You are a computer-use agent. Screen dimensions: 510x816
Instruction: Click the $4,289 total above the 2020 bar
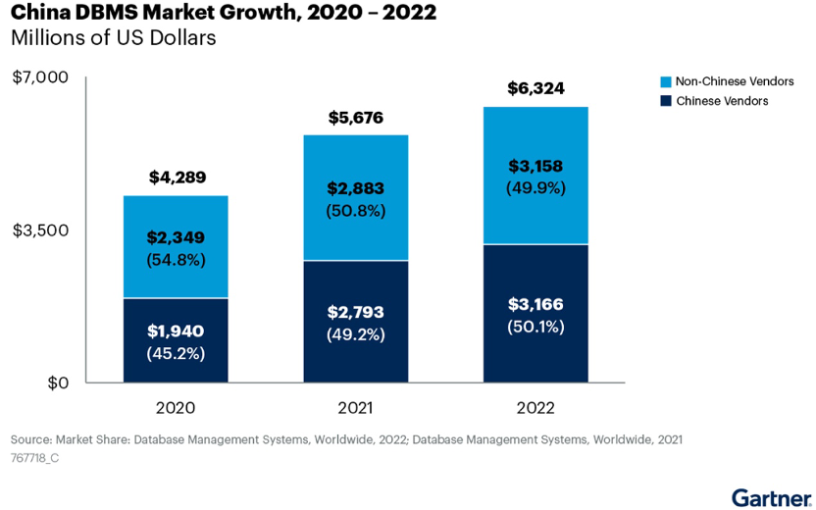tap(176, 178)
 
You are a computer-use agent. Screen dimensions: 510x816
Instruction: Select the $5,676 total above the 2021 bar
tap(356, 118)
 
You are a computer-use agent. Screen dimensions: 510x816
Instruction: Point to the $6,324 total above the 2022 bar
tap(535, 89)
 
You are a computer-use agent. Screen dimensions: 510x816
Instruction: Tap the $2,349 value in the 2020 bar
tap(176, 237)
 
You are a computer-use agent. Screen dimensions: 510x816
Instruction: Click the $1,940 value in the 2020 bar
tap(176, 331)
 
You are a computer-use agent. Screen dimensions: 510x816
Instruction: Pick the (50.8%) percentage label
tap(356, 210)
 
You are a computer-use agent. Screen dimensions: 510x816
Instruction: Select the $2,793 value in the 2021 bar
tap(356, 312)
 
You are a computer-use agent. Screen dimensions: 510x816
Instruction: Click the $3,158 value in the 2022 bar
tap(535, 166)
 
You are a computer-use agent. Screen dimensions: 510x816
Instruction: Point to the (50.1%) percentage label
tap(535, 327)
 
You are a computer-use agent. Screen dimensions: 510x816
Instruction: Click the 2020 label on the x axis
tap(176, 408)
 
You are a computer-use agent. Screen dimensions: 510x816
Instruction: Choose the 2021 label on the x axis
tap(356, 408)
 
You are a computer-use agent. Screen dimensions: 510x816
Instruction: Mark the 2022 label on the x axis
tap(535, 408)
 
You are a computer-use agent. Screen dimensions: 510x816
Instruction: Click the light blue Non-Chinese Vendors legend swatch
tap(666, 81)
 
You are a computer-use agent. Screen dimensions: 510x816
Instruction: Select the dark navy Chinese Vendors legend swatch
tap(666, 100)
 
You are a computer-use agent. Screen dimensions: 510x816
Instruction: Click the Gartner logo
tap(769, 495)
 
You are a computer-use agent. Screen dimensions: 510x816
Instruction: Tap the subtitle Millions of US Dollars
tap(113, 39)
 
